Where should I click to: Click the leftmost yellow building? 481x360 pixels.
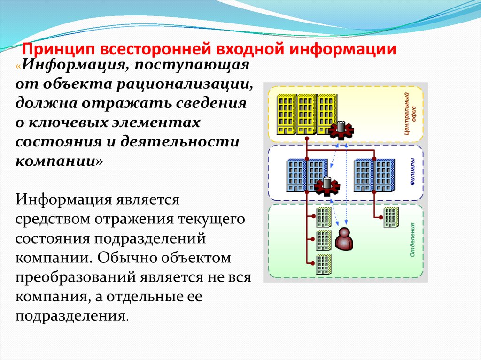coord(287,114)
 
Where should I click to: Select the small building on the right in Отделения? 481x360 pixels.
coord(391,216)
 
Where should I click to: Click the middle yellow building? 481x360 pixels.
coord(307,114)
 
